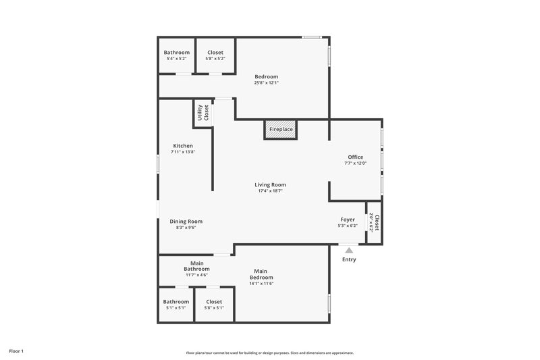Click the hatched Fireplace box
point(280,130)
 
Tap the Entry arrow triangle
point(349,251)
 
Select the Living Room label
point(270,184)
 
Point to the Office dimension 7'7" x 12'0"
point(355,163)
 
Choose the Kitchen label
point(183,146)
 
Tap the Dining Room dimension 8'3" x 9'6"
point(186,228)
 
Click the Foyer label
point(348,220)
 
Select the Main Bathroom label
point(197,266)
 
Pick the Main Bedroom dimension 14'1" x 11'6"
point(261,283)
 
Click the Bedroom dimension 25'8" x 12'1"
point(266,83)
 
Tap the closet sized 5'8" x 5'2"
point(215,55)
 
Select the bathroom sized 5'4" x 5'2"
point(177,55)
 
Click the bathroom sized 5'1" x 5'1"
point(175,305)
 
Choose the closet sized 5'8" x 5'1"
point(214,305)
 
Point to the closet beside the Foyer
point(375,222)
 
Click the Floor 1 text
point(16,351)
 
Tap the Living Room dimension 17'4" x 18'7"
point(270,191)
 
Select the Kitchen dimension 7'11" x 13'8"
point(183,152)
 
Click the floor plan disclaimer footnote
point(270,353)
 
